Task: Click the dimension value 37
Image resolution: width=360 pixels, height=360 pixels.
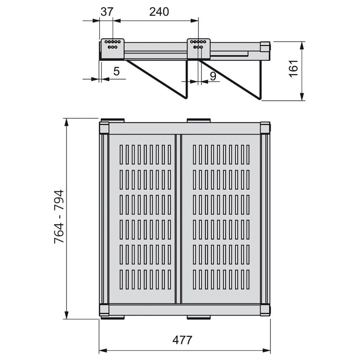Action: (107, 12)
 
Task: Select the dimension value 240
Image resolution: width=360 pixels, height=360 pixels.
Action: (159, 12)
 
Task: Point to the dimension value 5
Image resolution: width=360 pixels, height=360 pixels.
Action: (116, 71)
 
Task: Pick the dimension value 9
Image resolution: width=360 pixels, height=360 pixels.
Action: (213, 76)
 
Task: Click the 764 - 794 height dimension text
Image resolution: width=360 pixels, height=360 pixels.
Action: (59, 217)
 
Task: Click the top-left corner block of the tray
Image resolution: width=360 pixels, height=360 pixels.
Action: (104, 128)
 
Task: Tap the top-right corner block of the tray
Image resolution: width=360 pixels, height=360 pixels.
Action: (265, 128)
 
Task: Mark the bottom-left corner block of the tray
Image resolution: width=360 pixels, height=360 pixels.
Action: (104, 310)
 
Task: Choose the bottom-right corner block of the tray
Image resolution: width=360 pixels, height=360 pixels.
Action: (265, 310)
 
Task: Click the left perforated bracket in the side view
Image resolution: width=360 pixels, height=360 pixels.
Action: (111, 45)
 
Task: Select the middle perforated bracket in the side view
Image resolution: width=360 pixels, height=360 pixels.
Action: (198, 45)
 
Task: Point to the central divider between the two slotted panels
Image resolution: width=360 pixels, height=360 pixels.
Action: (178, 218)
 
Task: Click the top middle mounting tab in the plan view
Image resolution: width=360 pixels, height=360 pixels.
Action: (198, 121)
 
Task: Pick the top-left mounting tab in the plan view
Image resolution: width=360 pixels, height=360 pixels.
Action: (112, 121)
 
